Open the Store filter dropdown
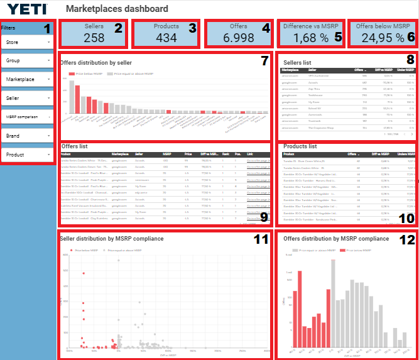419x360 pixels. coord(29,43)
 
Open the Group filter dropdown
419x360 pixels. coord(29,61)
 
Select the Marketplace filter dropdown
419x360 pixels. coord(29,80)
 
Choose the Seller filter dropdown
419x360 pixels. coord(29,99)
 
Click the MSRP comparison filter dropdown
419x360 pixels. coord(29,117)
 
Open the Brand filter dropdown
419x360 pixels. coord(29,136)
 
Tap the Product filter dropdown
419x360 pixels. coord(29,154)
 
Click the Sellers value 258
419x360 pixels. coord(94,38)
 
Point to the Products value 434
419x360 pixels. coord(166,38)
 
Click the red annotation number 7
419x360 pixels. coord(264,61)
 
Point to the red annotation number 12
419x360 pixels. coord(407,239)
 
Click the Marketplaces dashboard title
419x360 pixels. coord(117,9)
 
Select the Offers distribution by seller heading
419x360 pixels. coord(96,63)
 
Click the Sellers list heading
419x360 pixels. coord(297,63)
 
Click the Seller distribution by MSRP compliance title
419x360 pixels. coord(111,239)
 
